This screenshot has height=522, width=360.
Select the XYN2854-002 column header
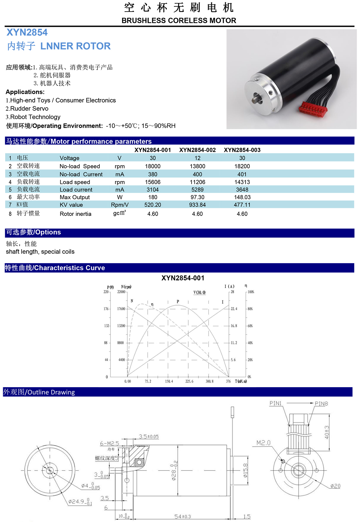pyautogui.click(x=197, y=150)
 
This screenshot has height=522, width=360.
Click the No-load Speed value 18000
pyautogui.click(x=153, y=166)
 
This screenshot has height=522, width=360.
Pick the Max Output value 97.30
pyautogui.click(x=197, y=197)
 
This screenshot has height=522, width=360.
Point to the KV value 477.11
pyautogui.click(x=242, y=205)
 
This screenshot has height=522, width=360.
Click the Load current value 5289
pyautogui.click(x=197, y=190)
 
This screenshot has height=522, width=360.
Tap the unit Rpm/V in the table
pyautogui.click(x=120, y=205)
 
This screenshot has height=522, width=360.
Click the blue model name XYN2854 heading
pyautogui.click(x=27, y=32)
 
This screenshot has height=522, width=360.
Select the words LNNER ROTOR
pyautogui.click(x=75, y=46)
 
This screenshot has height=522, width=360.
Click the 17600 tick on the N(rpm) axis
pyautogui.click(x=121, y=309)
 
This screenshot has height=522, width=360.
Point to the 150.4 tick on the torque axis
pyautogui.click(x=169, y=381)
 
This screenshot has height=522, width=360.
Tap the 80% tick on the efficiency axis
pyautogui.click(x=250, y=309)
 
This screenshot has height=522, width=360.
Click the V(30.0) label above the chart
pyautogui.click(x=200, y=292)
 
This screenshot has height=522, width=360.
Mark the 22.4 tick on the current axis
pyautogui.click(x=234, y=309)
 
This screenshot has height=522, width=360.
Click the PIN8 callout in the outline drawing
pyautogui.click(x=321, y=404)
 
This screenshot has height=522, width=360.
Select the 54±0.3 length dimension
pyautogui.click(x=182, y=517)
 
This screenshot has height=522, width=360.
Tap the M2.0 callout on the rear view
pyautogui.click(x=263, y=443)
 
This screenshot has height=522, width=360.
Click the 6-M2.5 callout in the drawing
pyautogui.click(x=110, y=443)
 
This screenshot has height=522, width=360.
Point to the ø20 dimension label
pyautogui.click(x=335, y=486)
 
